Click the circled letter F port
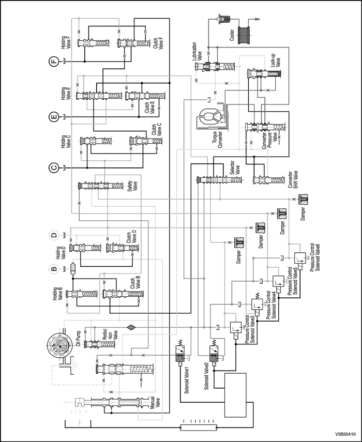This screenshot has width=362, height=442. click(53, 62)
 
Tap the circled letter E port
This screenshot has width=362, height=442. click(53, 117)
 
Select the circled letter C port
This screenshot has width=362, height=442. click(53, 167)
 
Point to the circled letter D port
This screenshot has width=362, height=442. click(53, 236)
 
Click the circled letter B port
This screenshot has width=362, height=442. click(53, 268)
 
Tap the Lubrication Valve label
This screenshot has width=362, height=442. click(199, 52)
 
